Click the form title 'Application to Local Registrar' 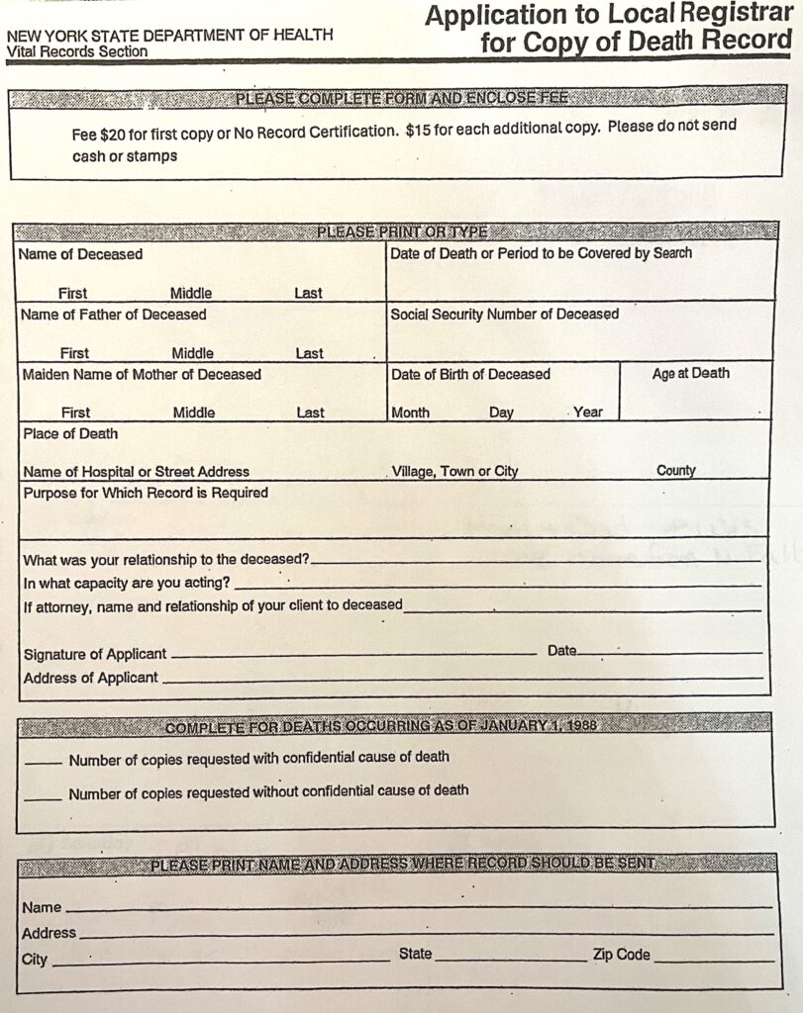point(608,15)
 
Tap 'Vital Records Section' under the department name point(77,51)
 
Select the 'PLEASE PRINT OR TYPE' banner point(402,232)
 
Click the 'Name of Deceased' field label point(80,254)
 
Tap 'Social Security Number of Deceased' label point(504,315)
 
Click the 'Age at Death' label point(690,374)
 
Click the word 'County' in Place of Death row point(675,471)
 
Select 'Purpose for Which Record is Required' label point(146,493)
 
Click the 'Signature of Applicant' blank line point(353,654)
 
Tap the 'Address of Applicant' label point(90,678)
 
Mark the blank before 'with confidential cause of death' point(43,763)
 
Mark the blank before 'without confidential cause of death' point(43,797)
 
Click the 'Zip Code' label point(621,955)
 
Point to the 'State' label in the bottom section point(415,954)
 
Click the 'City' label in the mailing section point(34,959)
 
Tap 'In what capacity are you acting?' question point(127,583)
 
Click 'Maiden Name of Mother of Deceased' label point(142,375)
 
